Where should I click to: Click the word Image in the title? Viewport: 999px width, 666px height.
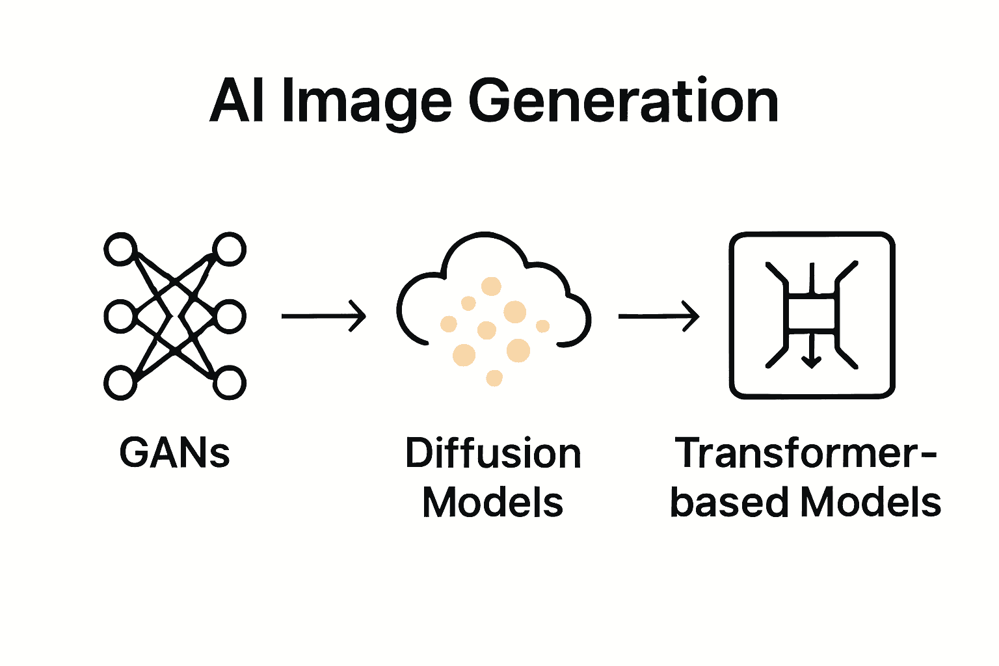[x=366, y=103]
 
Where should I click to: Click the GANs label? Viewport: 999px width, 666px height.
[x=174, y=453]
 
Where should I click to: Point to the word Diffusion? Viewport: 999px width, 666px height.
[x=493, y=453]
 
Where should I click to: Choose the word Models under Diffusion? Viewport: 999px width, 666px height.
[x=493, y=503]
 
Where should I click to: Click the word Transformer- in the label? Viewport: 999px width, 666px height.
[x=805, y=453]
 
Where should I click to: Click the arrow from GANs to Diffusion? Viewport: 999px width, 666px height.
[x=324, y=316]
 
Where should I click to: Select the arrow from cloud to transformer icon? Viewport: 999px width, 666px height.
[x=659, y=316]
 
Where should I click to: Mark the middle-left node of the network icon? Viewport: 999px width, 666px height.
[x=120, y=317]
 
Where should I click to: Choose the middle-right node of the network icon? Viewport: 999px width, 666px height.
[x=230, y=317]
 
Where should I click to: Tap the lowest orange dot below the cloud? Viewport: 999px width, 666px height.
[x=494, y=378]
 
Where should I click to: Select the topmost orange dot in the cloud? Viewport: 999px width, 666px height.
[x=491, y=286]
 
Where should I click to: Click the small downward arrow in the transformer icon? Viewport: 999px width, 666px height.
[x=810, y=354]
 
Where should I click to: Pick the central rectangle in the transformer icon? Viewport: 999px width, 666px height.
[x=811, y=313]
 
